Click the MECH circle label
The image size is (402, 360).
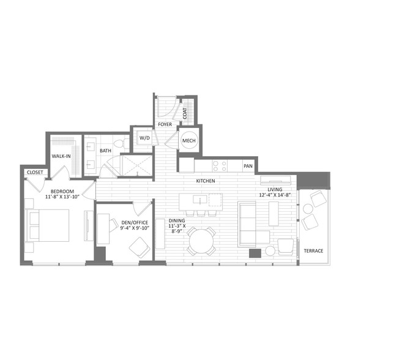coord(189,141)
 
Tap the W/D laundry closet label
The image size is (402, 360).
coord(144,138)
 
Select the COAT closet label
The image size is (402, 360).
coord(185,113)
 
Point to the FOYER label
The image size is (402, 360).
coord(165,124)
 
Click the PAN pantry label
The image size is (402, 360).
coord(248,166)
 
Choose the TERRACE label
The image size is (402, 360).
coord(313,250)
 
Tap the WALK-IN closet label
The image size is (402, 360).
coord(61,156)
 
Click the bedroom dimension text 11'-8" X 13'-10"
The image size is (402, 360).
coord(62,197)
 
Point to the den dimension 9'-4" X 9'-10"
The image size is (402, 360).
coord(135,228)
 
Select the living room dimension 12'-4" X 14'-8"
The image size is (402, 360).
coord(275,195)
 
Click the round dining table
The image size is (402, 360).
coord(201,242)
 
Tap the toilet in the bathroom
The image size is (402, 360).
coord(122,143)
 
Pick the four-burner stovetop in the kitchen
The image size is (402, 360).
coord(220,166)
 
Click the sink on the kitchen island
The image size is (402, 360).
coord(200,199)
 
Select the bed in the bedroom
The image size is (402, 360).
coord(48,225)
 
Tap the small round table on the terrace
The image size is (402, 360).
coord(307,209)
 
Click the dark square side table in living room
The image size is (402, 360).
coord(255,253)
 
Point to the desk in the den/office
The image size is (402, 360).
coord(103,228)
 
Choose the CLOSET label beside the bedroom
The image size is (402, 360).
coord(35,172)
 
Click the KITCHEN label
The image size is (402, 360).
coord(206,181)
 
